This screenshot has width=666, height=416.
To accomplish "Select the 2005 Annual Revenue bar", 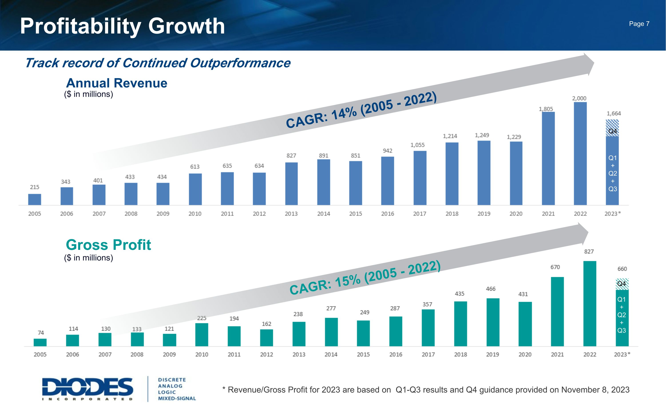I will click(35, 199).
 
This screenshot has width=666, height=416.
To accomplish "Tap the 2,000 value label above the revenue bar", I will click(579, 99).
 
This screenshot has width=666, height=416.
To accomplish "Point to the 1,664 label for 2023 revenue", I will click(614, 113).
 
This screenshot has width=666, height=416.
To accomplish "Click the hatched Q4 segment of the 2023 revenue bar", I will click(612, 128).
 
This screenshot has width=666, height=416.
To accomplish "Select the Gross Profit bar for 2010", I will click(202, 335).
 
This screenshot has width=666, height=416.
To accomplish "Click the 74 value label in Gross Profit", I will click(41, 333).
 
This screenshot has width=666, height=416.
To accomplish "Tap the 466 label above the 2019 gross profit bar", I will click(490, 289).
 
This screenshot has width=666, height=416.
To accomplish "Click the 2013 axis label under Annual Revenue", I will click(291, 214).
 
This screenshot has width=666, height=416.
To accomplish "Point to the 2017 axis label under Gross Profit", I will click(428, 355).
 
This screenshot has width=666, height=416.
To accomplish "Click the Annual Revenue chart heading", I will click(117, 83).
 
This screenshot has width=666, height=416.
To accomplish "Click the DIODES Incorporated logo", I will click(87, 389).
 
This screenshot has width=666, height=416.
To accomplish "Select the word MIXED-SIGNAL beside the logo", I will click(177, 398).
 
